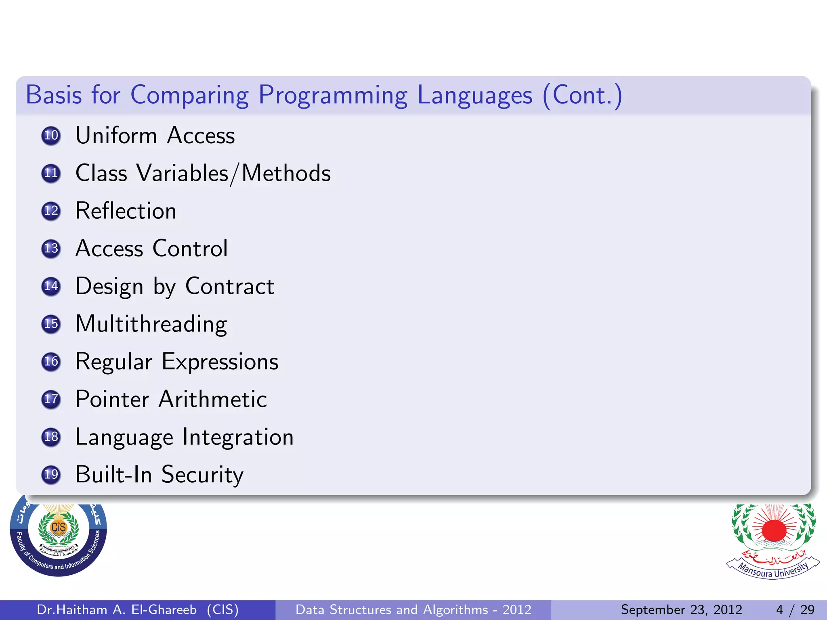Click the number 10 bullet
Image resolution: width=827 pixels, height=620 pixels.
[51, 135]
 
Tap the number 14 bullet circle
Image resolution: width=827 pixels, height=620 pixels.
[51, 286]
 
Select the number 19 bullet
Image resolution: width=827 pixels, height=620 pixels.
[51, 474]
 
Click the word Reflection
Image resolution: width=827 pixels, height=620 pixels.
[126, 211]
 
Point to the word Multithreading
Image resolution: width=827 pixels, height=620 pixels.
[151, 324]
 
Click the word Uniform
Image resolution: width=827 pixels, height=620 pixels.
[116, 135]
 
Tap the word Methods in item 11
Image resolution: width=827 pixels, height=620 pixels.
[286, 173]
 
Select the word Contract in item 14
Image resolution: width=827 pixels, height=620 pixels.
[230, 286]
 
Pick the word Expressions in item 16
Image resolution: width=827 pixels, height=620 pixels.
[220, 362]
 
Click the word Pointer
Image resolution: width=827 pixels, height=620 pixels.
[112, 399]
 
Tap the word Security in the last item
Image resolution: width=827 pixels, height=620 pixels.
[202, 475]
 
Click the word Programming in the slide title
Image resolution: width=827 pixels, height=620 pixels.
[333, 95]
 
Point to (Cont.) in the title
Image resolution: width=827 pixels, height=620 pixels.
[582, 95]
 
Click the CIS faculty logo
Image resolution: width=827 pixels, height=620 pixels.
[59, 535]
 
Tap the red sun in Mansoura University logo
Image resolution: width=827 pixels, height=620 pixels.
[774, 530]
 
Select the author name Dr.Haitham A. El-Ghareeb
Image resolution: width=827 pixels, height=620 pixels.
[117, 610]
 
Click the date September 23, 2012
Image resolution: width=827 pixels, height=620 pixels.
[681, 610]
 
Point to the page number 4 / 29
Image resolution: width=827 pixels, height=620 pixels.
[795, 610]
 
